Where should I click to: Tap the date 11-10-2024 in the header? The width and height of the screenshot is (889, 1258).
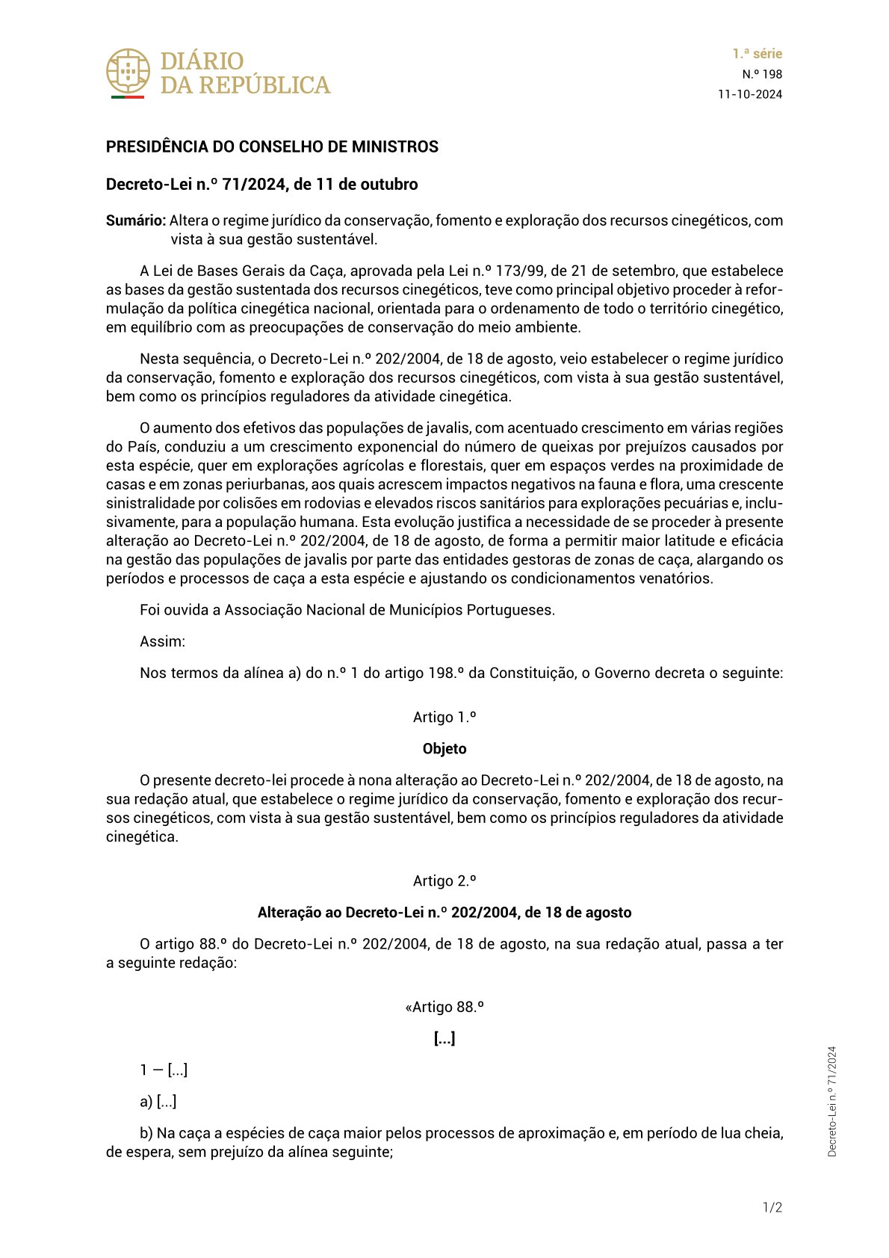pyautogui.click(x=750, y=94)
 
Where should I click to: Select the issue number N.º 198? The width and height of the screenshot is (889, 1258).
pyautogui.click(x=762, y=74)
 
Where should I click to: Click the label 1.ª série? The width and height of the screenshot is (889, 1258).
pyautogui.click(x=757, y=54)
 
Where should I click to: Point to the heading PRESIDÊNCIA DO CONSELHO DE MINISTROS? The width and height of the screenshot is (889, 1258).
pyautogui.click(x=272, y=147)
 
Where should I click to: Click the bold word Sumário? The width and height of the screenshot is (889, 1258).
pyautogui.click(x=135, y=221)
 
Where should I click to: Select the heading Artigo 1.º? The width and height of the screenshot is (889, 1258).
pyautogui.click(x=444, y=718)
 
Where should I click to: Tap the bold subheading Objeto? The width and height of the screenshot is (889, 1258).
pyautogui.click(x=444, y=749)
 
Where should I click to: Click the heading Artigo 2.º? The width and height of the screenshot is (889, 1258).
pyautogui.click(x=444, y=881)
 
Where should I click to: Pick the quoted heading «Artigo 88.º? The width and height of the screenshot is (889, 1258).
pyautogui.click(x=444, y=1007)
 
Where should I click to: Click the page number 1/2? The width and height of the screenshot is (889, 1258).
pyautogui.click(x=772, y=1208)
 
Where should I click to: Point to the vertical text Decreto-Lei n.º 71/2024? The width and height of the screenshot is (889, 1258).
pyautogui.click(x=832, y=1101)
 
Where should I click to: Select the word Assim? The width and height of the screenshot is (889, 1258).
pyautogui.click(x=162, y=641)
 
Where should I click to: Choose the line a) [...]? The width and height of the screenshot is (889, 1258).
pyautogui.click(x=158, y=1102)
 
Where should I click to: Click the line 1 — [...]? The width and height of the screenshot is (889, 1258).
pyautogui.click(x=164, y=1070)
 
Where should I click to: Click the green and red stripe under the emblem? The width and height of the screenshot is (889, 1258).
pyautogui.click(x=128, y=97)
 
